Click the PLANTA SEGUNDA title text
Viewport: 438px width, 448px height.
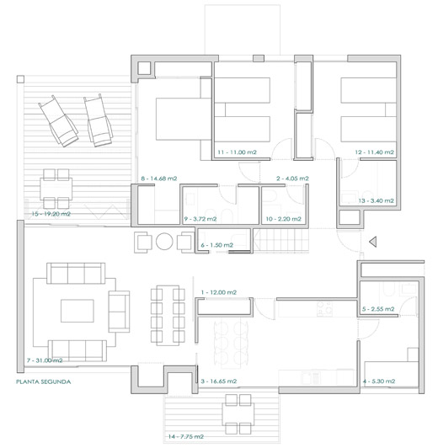point(44,381)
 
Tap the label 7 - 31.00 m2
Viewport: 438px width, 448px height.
point(45,360)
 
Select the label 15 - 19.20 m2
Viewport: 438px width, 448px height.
point(51,214)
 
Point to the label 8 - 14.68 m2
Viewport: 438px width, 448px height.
point(159,179)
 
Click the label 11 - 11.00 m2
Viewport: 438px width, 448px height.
point(238,152)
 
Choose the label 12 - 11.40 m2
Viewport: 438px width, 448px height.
point(374,152)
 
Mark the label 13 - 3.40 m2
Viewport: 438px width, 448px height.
point(376,201)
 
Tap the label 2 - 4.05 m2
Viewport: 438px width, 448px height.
point(292,179)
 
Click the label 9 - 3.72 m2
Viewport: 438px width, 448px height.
point(200,219)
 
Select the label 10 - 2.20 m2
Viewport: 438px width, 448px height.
point(283,219)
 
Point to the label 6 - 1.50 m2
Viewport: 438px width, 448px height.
point(216,245)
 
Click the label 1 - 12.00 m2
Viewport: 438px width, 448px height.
point(219,292)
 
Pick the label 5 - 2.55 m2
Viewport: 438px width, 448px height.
point(378,309)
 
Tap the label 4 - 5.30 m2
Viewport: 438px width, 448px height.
point(379,381)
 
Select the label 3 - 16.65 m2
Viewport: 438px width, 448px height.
point(219,381)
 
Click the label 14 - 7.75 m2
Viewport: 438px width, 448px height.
point(186,436)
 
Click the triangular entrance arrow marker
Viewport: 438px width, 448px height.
point(373,242)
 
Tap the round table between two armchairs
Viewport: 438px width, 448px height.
point(164,242)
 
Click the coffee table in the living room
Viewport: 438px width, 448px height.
point(77,311)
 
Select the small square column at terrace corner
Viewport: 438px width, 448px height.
point(20,79)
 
